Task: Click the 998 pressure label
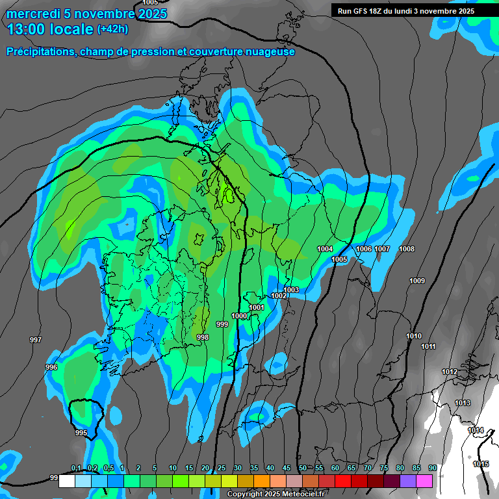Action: click(203, 337)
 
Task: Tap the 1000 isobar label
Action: click(240, 316)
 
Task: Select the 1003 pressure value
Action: click(291, 290)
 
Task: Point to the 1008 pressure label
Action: click(407, 249)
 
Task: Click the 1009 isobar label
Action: click(417, 281)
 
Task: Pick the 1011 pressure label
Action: click(428, 346)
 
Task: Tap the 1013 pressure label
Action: click(463, 403)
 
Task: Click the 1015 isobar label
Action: click(481, 464)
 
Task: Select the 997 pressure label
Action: click(36, 340)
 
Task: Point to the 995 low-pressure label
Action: click(81, 433)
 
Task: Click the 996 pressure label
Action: click(51, 368)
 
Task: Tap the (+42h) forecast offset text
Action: click(112, 29)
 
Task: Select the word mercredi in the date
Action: click(30, 13)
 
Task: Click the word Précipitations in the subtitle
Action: click(40, 51)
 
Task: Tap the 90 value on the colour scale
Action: click(432, 468)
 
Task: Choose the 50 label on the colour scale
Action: click(302, 468)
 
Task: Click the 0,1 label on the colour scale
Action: click(76, 468)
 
